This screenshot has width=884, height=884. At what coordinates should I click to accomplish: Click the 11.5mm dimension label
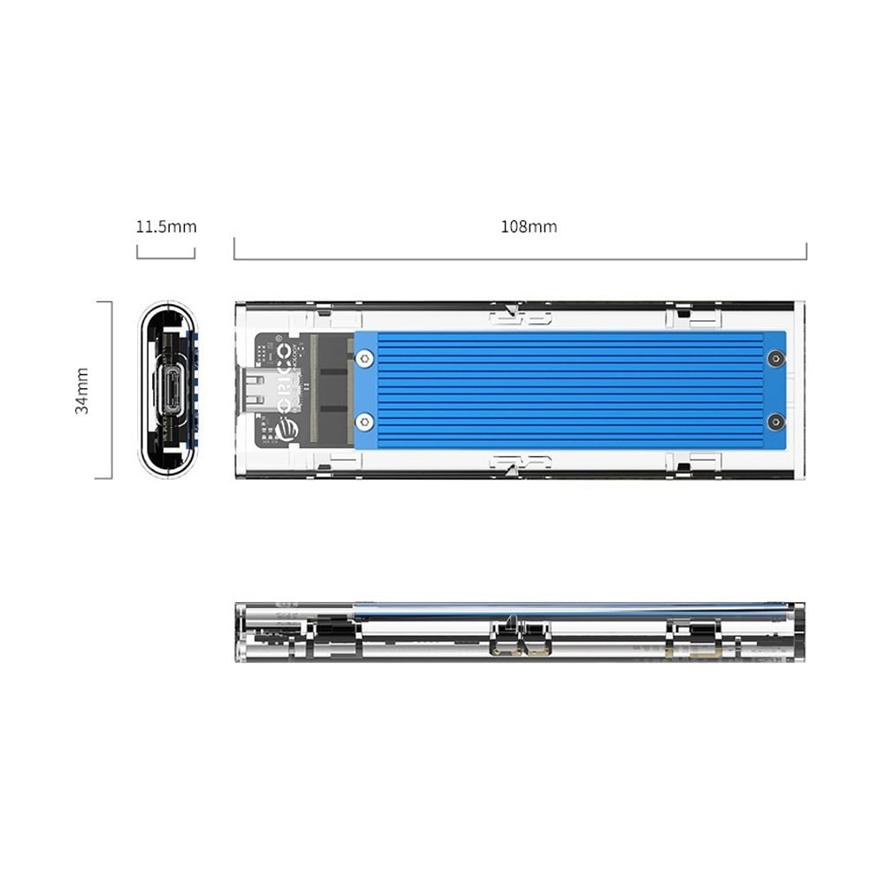[166, 227]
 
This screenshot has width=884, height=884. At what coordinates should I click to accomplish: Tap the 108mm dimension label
[529, 227]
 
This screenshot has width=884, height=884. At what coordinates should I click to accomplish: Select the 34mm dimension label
[81, 391]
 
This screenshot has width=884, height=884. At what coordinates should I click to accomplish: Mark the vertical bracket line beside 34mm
[111, 390]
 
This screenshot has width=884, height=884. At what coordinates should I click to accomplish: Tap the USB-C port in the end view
[167, 390]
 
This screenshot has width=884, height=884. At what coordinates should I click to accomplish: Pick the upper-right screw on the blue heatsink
[775, 359]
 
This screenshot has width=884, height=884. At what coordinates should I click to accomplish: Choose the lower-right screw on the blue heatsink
[775, 423]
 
